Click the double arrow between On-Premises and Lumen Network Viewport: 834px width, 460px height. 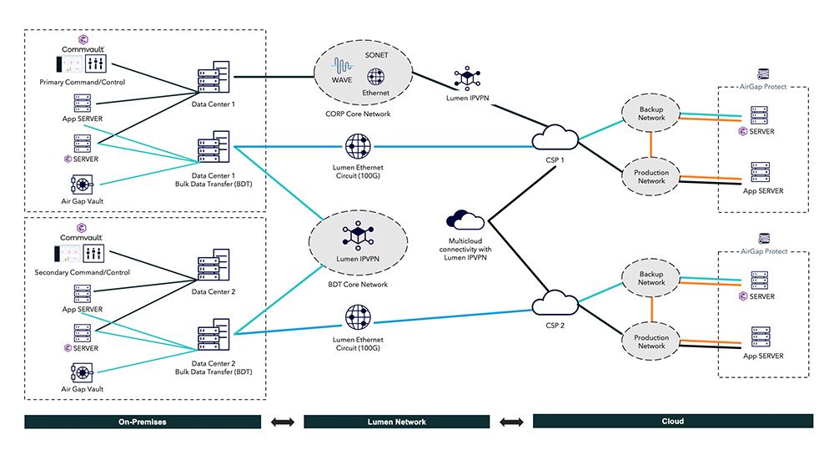(284, 422)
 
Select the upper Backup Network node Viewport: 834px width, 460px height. (651, 114)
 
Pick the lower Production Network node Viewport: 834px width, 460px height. (651, 341)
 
